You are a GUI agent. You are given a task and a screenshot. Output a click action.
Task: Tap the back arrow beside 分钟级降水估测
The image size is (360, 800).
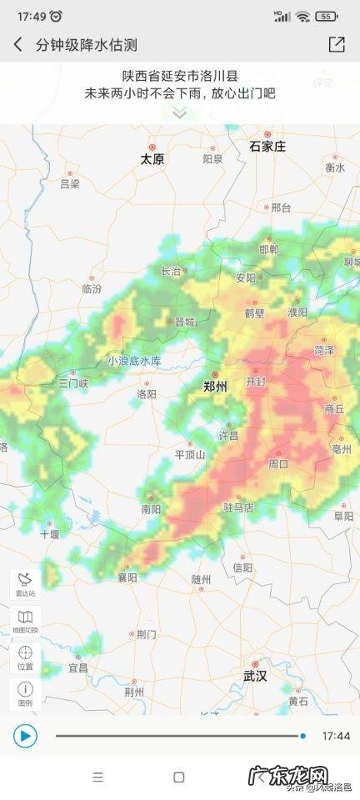tap(18, 45)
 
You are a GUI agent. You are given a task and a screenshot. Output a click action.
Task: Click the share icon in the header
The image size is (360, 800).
tap(337, 45)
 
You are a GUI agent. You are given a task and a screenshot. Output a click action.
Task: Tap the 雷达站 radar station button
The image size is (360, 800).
tap(25, 584)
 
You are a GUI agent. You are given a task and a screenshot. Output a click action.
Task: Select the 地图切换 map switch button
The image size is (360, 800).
tap(25, 622)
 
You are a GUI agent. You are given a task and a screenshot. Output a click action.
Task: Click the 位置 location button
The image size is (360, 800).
tap(25, 657)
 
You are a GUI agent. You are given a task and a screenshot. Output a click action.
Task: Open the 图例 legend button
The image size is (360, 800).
tap(25, 694)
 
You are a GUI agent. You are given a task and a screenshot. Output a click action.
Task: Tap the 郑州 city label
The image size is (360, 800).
tap(215, 387)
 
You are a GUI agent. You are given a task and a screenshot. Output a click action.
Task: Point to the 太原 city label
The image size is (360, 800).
tap(152, 158)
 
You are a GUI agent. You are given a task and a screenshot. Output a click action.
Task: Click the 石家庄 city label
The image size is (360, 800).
tap(267, 147)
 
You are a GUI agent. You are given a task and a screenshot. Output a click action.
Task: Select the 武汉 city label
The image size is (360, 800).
tap(255, 676)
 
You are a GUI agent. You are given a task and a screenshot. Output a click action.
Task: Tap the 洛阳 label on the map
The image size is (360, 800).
tap(147, 393)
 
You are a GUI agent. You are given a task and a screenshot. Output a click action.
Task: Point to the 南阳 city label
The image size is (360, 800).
tap(151, 508)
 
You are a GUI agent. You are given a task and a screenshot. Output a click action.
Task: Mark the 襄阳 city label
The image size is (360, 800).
tap(127, 577)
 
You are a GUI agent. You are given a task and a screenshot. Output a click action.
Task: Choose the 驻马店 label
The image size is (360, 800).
tap(238, 507)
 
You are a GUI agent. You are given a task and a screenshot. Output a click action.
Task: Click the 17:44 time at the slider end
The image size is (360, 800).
tap(335, 736)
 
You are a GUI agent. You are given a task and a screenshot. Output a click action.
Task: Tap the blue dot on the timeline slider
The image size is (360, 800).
tap(302, 736)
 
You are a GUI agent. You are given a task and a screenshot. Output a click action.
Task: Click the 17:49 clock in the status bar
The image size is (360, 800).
tap(30, 16)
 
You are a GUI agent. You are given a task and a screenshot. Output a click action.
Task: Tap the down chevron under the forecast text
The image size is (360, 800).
tap(180, 113)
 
